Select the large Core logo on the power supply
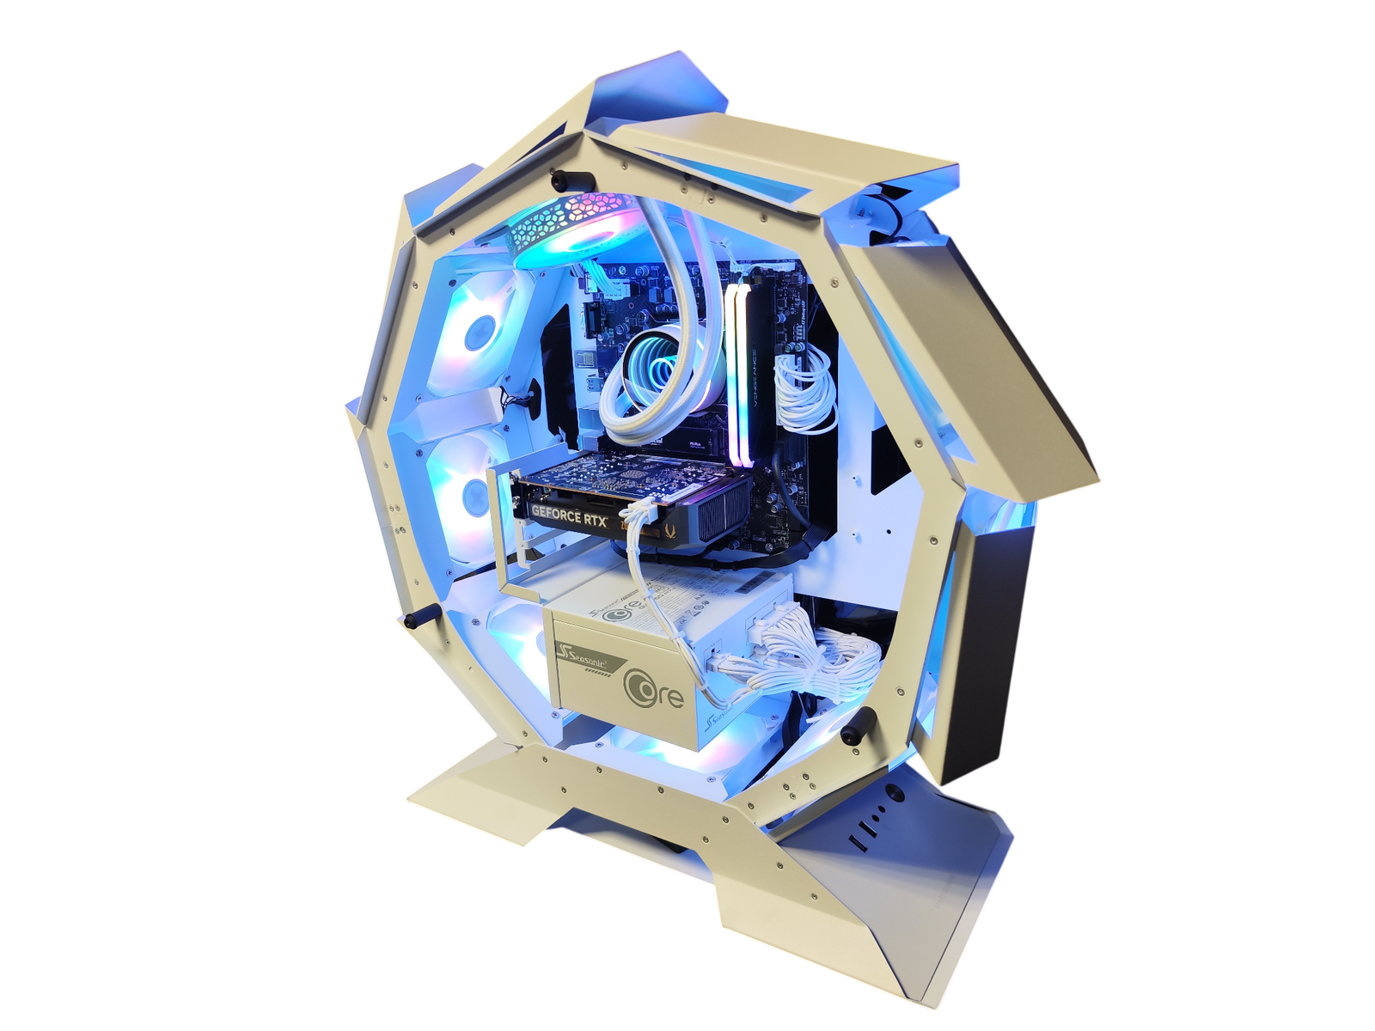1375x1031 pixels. click(x=656, y=692)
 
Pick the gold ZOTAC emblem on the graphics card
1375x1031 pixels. click(x=670, y=522)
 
